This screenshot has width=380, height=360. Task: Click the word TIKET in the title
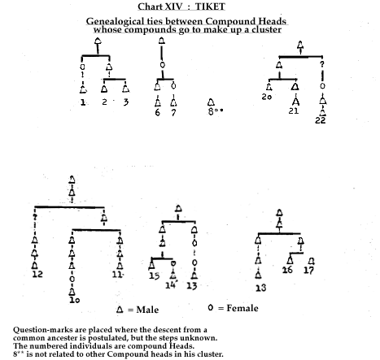(x=210, y=7)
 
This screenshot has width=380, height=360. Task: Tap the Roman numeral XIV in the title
(x=171, y=7)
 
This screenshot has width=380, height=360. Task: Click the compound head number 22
(x=321, y=120)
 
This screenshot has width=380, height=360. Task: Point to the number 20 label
(x=267, y=97)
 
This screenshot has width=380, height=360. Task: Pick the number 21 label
(x=294, y=111)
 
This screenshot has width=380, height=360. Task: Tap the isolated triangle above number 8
(x=211, y=102)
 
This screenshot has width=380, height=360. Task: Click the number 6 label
(x=158, y=112)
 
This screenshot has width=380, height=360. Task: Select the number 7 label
(x=173, y=112)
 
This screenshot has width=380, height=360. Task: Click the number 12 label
(x=37, y=274)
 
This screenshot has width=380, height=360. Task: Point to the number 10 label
(x=75, y=300)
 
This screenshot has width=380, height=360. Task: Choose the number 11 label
(x=117, y=275)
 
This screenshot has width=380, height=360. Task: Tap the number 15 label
(x=155, y=275)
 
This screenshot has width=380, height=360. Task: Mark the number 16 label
(x=287, y=270)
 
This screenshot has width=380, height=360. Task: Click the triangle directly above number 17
(x=312, y=261)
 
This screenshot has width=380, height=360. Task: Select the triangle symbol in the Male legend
(x=120, y=310)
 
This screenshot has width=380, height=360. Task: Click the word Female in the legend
(x=242, y=308)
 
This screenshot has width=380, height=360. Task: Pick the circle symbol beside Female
(x=211, y=307)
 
